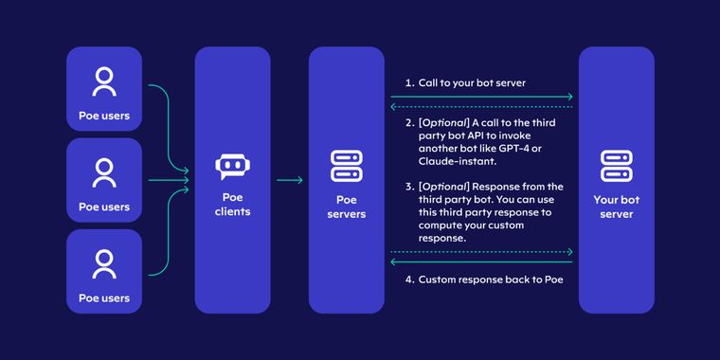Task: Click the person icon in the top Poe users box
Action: coord(104,82)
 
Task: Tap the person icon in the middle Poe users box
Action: coord(104,172)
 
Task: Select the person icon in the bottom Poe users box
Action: coord(104,263)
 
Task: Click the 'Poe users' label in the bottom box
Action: coord(104,298)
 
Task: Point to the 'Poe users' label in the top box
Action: coord(104,117)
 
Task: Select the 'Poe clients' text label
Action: coord(232,205)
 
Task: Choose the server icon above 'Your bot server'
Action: coord(617,166)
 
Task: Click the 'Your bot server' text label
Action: coord(617,207)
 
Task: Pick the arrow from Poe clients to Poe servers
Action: coord(289,180)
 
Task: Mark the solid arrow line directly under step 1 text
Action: coord(482,97)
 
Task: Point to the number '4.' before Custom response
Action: coord(410,279)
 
